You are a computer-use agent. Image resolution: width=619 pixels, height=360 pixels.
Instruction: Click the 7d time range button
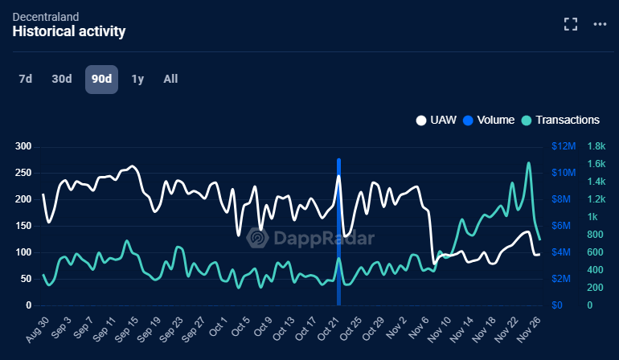coord(26,79)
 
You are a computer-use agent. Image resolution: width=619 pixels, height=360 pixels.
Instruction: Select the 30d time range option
coord(62,79)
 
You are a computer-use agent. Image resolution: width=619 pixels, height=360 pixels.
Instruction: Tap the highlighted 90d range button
coord(101,79)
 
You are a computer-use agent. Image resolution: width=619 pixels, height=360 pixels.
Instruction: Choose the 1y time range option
coord(137,79)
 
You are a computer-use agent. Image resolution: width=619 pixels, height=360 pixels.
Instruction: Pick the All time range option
coord(170,79)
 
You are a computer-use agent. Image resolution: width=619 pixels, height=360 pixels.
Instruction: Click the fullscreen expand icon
coord(571,24)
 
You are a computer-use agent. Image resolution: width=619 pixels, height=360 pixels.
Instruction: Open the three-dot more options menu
coord(600,24)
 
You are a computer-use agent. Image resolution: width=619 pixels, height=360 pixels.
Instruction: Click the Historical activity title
coord(69,31)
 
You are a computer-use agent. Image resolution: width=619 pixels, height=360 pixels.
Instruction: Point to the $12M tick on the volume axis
coord(564,146)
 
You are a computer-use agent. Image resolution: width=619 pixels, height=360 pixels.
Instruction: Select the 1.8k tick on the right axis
coord(599,146)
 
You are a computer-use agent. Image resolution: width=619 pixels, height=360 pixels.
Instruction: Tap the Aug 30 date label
coord(36,330)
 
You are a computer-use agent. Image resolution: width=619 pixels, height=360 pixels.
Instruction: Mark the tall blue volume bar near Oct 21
coord(338,233)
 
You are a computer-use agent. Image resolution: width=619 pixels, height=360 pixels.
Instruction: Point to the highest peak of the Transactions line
coord(529,163)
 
